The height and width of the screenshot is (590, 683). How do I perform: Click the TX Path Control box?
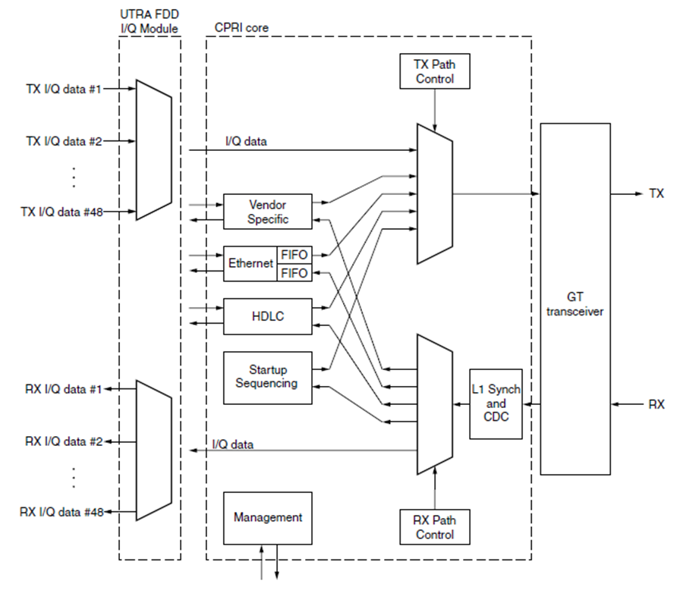(435, 72)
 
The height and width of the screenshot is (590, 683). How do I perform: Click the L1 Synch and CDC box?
(496, 404)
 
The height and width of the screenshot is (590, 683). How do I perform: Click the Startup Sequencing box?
(267, 376)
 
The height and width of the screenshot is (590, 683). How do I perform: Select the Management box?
(268, 517)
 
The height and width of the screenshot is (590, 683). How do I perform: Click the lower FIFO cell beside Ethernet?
(294, 273)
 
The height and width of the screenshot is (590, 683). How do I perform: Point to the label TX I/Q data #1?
(64, 89)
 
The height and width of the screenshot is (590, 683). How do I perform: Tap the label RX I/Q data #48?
(61, 512)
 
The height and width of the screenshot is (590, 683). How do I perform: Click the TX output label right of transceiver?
(656, 194)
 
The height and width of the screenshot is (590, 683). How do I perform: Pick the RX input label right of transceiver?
(656, 404)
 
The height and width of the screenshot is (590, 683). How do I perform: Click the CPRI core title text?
(241, 28)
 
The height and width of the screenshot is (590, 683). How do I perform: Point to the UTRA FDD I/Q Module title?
(150, 21)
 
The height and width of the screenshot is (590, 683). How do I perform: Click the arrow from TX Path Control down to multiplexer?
(435, 107)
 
